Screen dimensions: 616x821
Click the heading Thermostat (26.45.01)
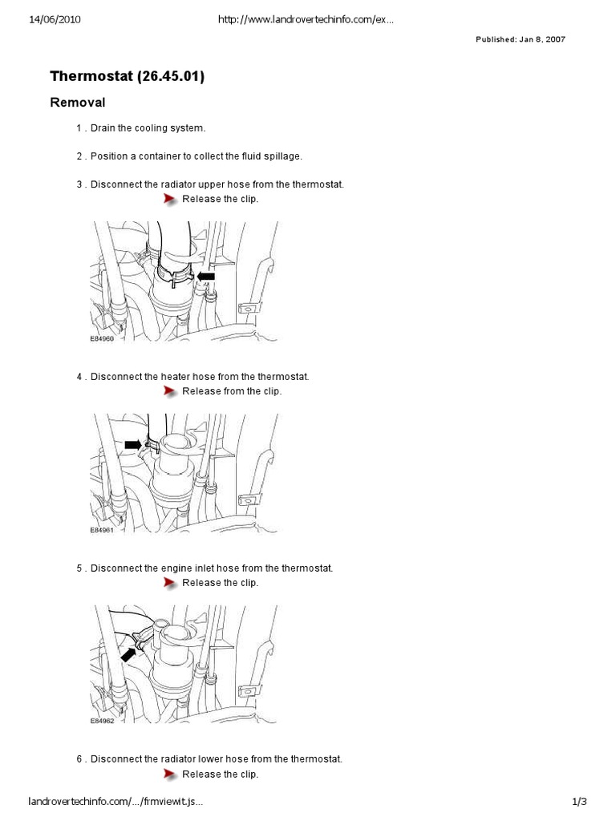click(x=128, y=76)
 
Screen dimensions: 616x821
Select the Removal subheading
click(x=78, y=103)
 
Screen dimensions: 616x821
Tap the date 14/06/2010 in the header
click(x=55, y=20)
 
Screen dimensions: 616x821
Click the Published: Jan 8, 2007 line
click(x=520, y=39)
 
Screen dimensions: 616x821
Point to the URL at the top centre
click(x=306, y=20)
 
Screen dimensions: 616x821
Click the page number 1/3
click(x=579, y=801)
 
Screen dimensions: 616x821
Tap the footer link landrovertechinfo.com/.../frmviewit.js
click(x=115, y=801)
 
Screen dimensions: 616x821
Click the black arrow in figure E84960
click(x=206, y=276)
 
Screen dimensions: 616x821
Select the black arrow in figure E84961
click(x=133, y=445)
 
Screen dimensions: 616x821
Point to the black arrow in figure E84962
click(x=128, y=654)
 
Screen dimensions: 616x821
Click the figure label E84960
click(x=102, y=339)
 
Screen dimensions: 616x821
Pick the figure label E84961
click(x=102, y=530)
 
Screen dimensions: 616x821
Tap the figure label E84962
click(x=102, y=721)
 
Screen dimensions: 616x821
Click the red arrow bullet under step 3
click(x=170, y=199)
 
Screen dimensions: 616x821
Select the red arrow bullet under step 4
click(x=170, y=391)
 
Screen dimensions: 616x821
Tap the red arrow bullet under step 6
click(x=170, y=774)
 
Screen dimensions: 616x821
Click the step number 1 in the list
click(x=79, y=128)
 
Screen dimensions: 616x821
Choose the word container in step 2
click(x=160, y=156)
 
